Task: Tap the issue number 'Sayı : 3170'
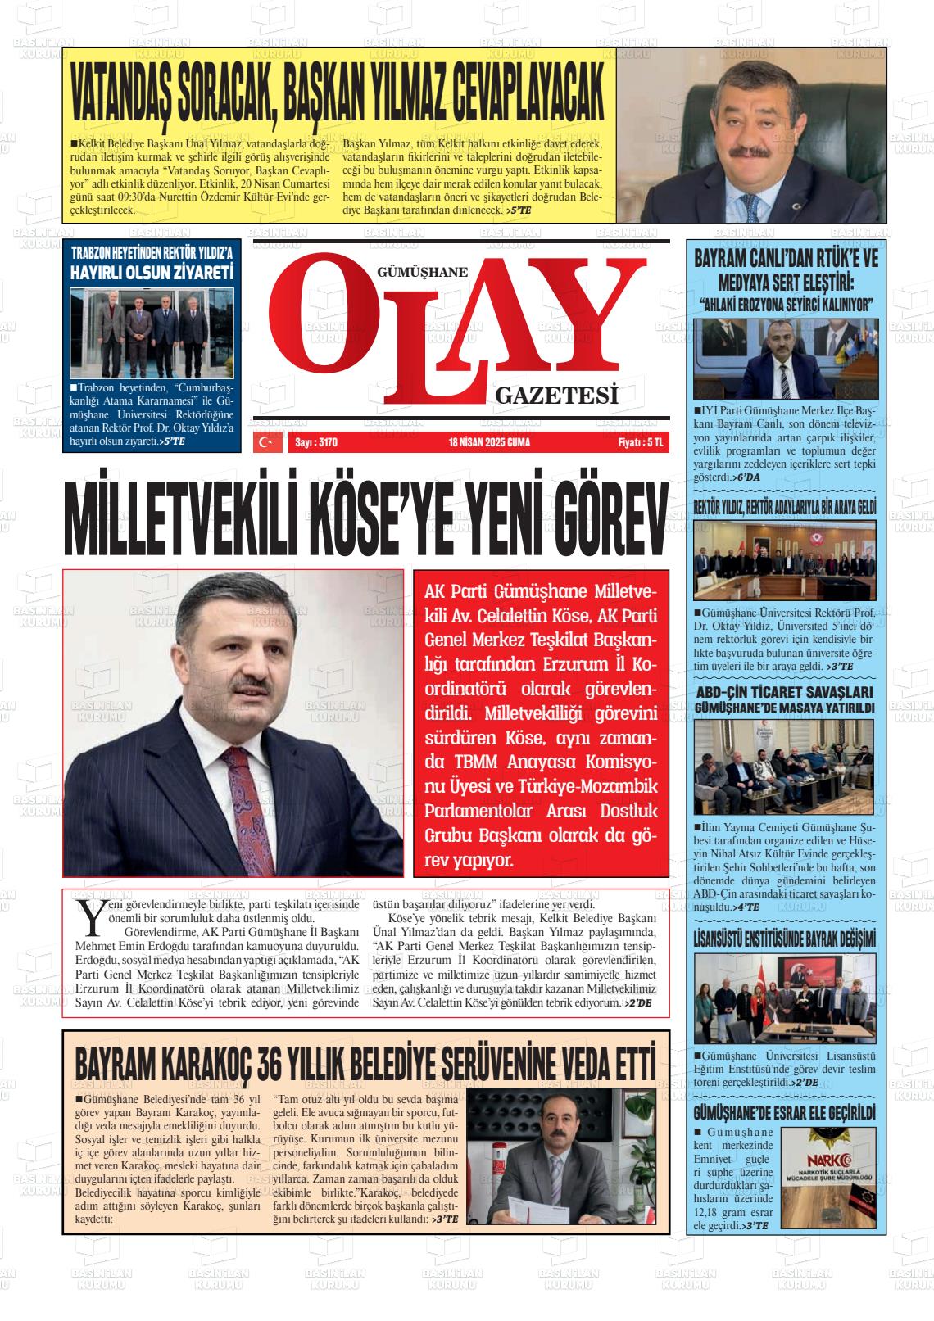pyautogui.click(x=315, y=443)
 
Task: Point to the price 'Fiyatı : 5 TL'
pyautogui.click(x=640, y=443)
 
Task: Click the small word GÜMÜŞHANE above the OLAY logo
pyautogui.click(x=421, y=272)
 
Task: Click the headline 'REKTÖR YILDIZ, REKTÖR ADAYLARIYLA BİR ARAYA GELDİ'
pyautogui.click(x=785, y=509)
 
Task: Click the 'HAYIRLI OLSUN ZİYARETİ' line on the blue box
pyautogui.click(x=152, y=273)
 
